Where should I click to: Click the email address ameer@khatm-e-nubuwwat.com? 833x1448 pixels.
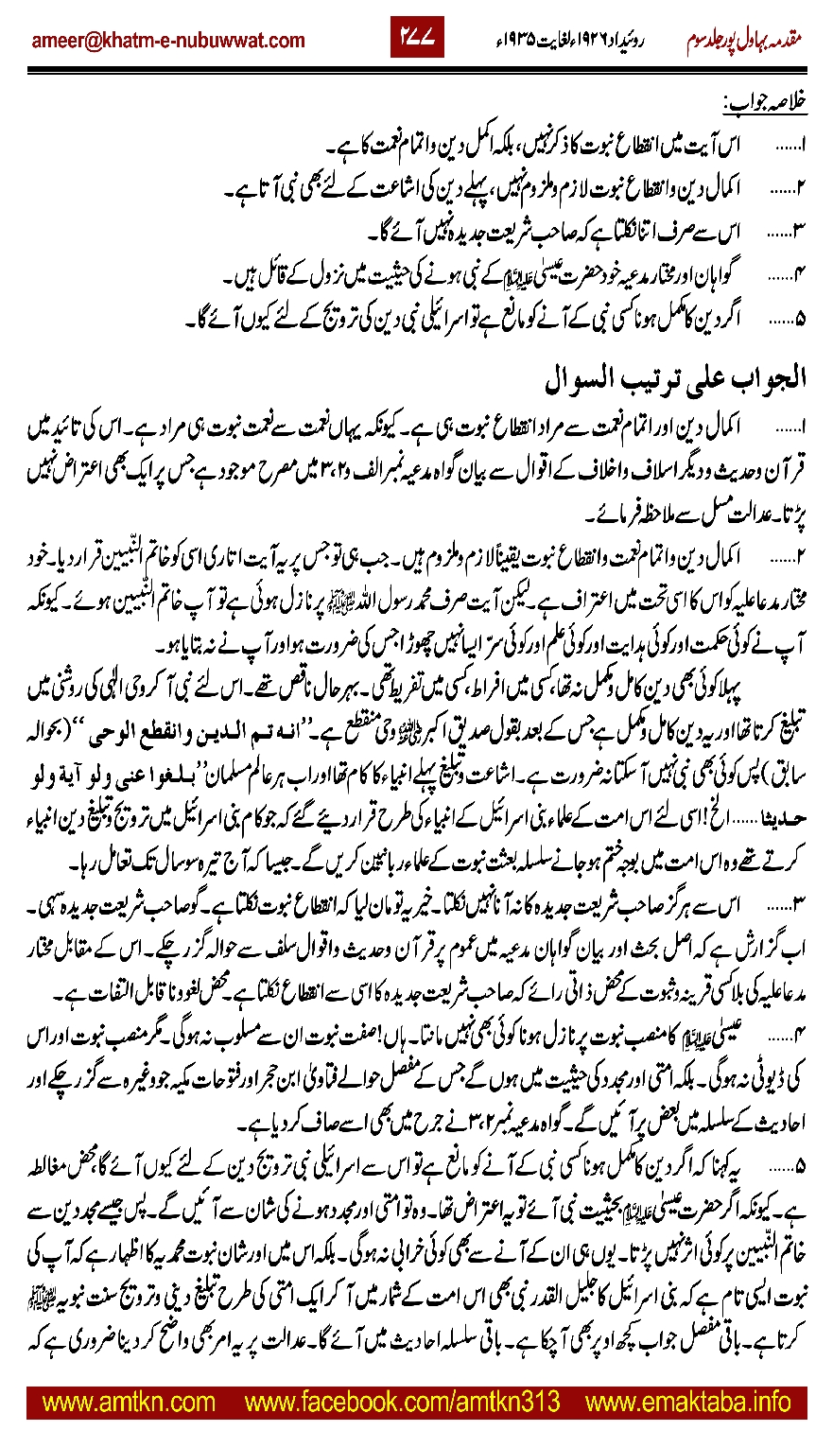coord(167,40)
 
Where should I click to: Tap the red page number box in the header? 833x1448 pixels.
coord(417,40)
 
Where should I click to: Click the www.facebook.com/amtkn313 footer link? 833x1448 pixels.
coord(401,1401)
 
